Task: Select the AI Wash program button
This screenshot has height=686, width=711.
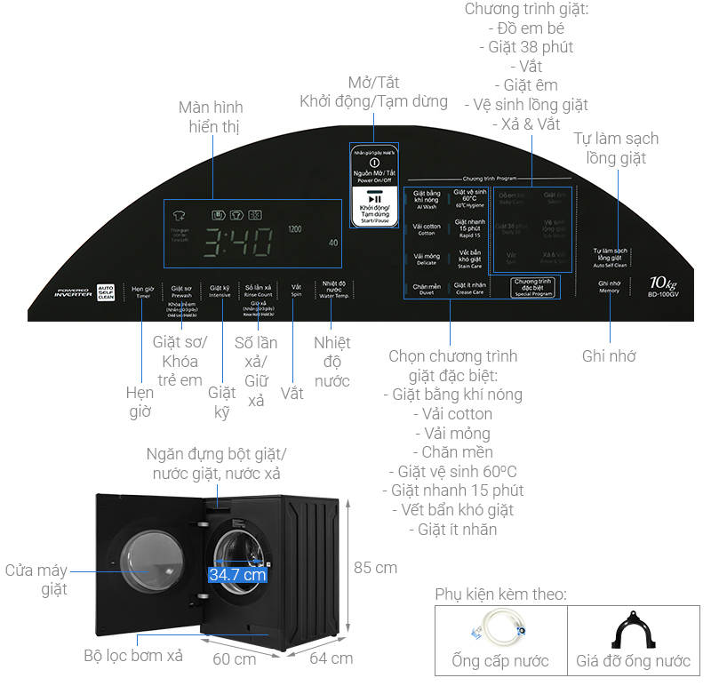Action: click(427, 200)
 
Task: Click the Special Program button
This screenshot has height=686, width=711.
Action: click(533, 287)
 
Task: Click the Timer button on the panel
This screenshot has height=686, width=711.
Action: click(143, 291)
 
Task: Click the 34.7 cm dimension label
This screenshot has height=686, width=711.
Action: click(237, 575)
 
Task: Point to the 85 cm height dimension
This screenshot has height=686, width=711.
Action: click(375, 567)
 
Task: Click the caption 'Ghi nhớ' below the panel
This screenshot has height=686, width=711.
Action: click(610, 356)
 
